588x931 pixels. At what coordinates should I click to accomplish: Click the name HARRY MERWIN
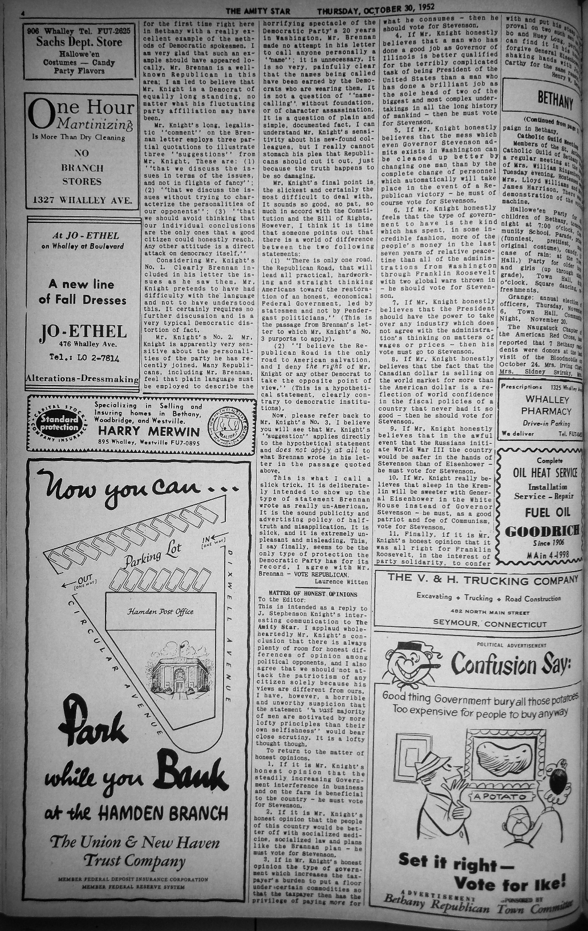point(149,431)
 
